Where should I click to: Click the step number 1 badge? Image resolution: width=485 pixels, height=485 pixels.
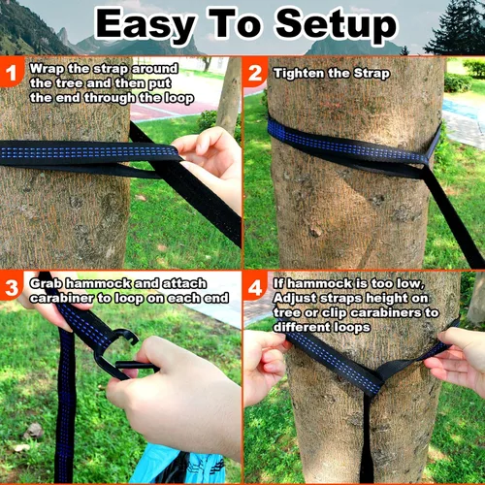click(x=13, y=72)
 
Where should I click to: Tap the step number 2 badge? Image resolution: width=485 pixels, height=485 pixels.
click(x=255, y=73)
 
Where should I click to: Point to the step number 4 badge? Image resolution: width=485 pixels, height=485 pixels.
click(x=256, y=287)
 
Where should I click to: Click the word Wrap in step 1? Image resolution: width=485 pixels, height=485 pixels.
click(x=46, y=69)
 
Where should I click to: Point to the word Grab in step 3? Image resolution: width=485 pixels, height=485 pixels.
click(x=46, y=282)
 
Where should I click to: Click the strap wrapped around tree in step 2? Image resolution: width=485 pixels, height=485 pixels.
click(x=349, y=145)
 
